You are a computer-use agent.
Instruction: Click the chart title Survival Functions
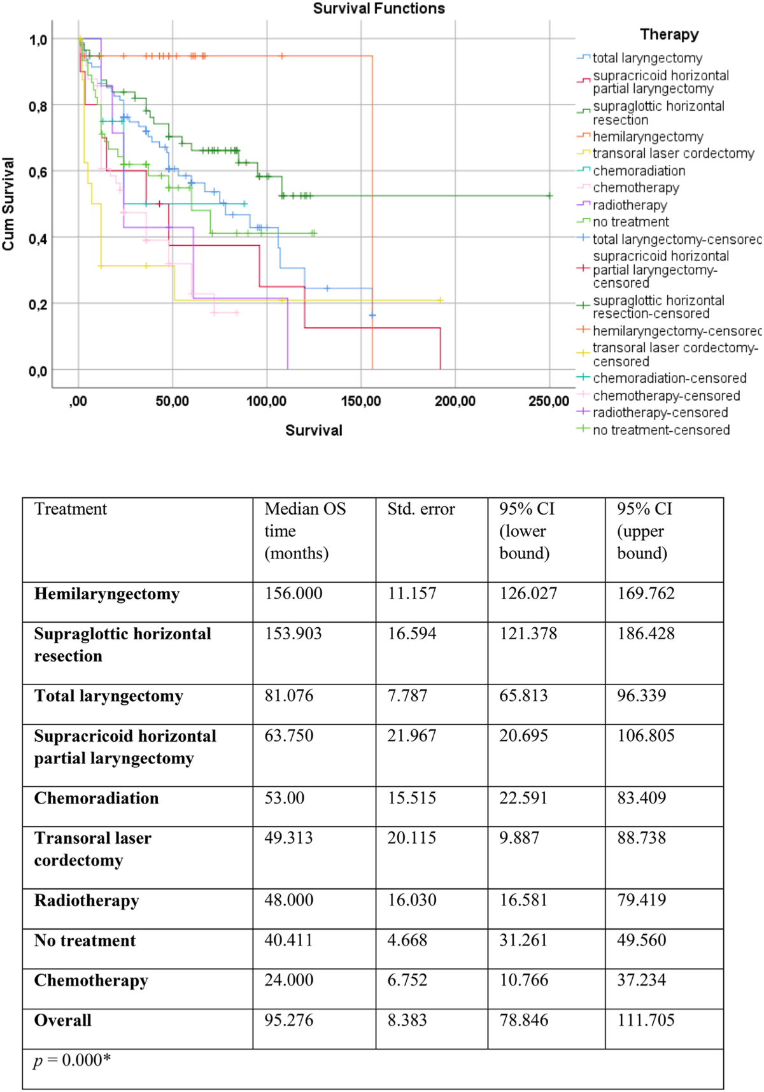[x=379, y=9]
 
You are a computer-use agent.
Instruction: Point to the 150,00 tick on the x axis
[x=361, y=402]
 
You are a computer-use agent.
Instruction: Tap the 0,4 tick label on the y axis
[x=38, y=239]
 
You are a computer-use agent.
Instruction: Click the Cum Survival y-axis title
[x=8, y=204]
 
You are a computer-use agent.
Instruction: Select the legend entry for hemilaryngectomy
[x=647, y=137]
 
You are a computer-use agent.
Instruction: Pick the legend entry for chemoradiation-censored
[x=669, y=378]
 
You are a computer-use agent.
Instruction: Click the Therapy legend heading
[x=669, y=34]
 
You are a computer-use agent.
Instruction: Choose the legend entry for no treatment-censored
[x=661, y=430]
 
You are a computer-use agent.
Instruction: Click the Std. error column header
[x=421, y=509]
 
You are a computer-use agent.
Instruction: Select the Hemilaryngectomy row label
[x=107, y=594]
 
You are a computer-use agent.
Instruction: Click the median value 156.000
[x=294, y=593]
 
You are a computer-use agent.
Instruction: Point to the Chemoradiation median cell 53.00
[x=285, y=798]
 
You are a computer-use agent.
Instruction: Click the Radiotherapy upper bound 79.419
[x=641, y=900]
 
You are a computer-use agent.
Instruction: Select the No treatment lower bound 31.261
[x=523, y=940]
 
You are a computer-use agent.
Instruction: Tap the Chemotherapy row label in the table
[x=91, y=981]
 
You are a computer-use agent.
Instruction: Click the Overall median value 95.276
[x=289, y=1020]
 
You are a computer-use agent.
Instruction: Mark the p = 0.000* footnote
[x=72, y=1060]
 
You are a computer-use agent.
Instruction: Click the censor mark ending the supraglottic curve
[x=549, y=195]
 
